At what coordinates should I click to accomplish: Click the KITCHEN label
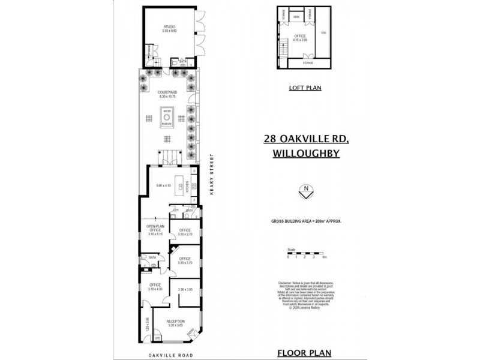187,186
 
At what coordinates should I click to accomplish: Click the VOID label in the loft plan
323,33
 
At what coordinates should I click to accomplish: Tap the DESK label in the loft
296,17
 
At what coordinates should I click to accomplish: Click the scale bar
306,254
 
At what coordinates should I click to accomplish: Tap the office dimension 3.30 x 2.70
185,234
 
